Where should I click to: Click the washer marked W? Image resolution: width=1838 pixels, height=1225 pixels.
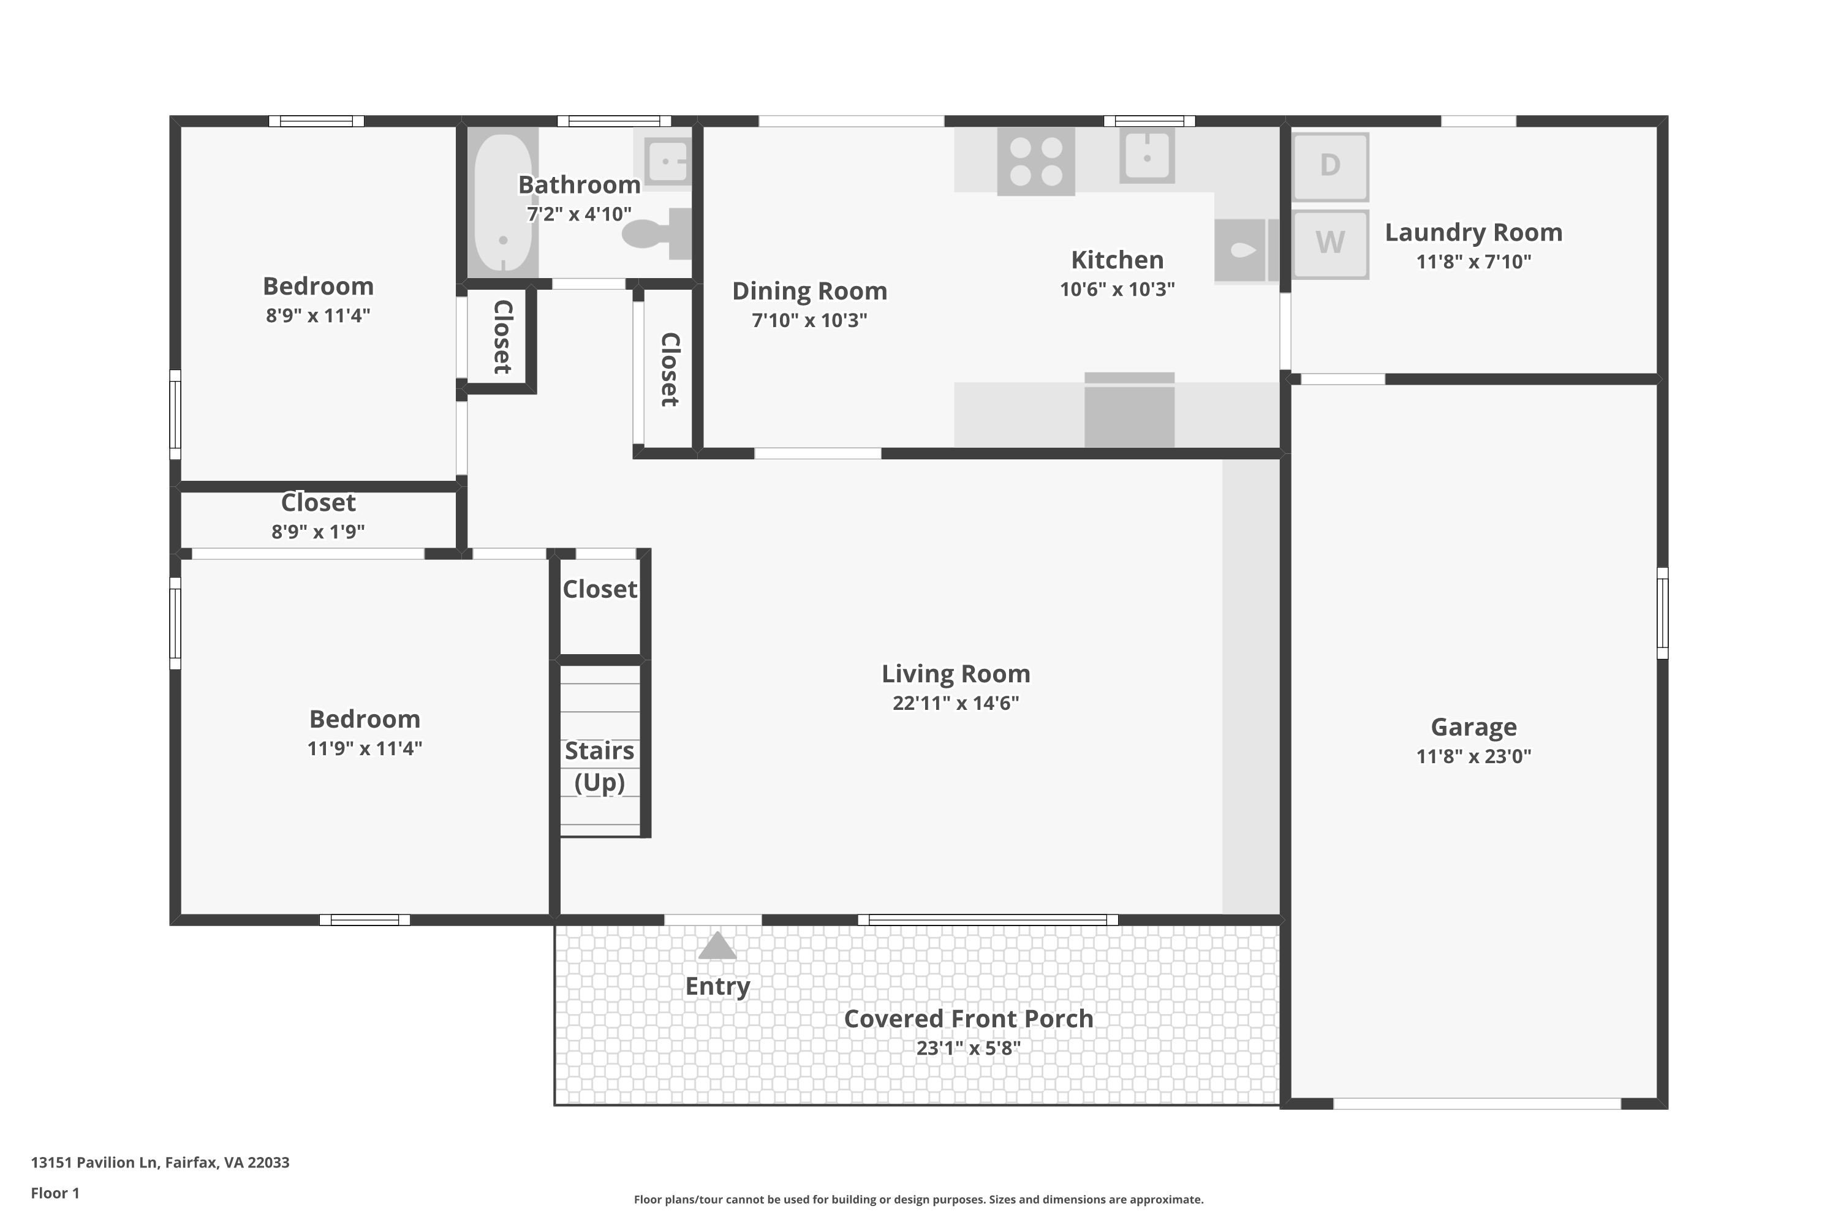tap(1330, 244)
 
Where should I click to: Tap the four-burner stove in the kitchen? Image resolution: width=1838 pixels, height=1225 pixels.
tap(1035, 161)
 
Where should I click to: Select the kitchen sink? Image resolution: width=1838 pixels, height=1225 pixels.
tap(1147, 156)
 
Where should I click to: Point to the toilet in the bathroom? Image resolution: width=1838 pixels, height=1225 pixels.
tap(657, 233)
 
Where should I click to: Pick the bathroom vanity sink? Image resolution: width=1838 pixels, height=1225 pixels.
tap(668, 161)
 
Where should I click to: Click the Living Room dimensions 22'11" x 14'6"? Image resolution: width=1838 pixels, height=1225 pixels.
tap(956, 703)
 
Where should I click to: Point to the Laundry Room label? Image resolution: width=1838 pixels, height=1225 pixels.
tap(1474, 232)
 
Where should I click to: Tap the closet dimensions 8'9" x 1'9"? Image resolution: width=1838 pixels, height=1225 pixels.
tap(318, 532)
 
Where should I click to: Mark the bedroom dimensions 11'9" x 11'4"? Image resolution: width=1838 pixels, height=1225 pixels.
tap(365, 748)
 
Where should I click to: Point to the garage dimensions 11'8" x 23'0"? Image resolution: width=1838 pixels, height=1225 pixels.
tap(1474, 756)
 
